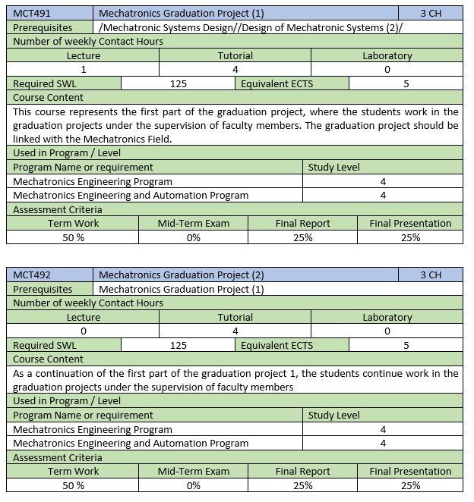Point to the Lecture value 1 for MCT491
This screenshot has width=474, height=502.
pyautogui.click(x=83, y=69)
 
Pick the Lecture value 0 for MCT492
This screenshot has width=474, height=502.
pyautogui.click(x=83, y=331)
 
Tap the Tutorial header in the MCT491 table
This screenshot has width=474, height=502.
pyautogui.click(x=235, y=55)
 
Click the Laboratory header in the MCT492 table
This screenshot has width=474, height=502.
pyautogui.click(x=387, y=317)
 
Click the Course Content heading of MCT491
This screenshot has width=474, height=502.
pyautogui.click(x=49, y=97)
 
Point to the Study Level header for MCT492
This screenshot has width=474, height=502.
pyautogui.click(x=333, y=415)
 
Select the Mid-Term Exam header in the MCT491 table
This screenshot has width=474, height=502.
pyautogui.click(x=193, y=223)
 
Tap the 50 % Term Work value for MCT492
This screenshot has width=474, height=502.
pyautogui.click(x=73, y=485)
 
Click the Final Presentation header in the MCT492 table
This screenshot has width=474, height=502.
pyautogui.click(x=410, y=471)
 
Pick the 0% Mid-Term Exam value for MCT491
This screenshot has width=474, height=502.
pyautogui.click(x=193, y=237)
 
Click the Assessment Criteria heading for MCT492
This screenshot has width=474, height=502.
pyautogui.click(x=58, y=457)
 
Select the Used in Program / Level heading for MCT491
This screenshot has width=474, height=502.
pyautogui.click(x=67, y=153)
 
